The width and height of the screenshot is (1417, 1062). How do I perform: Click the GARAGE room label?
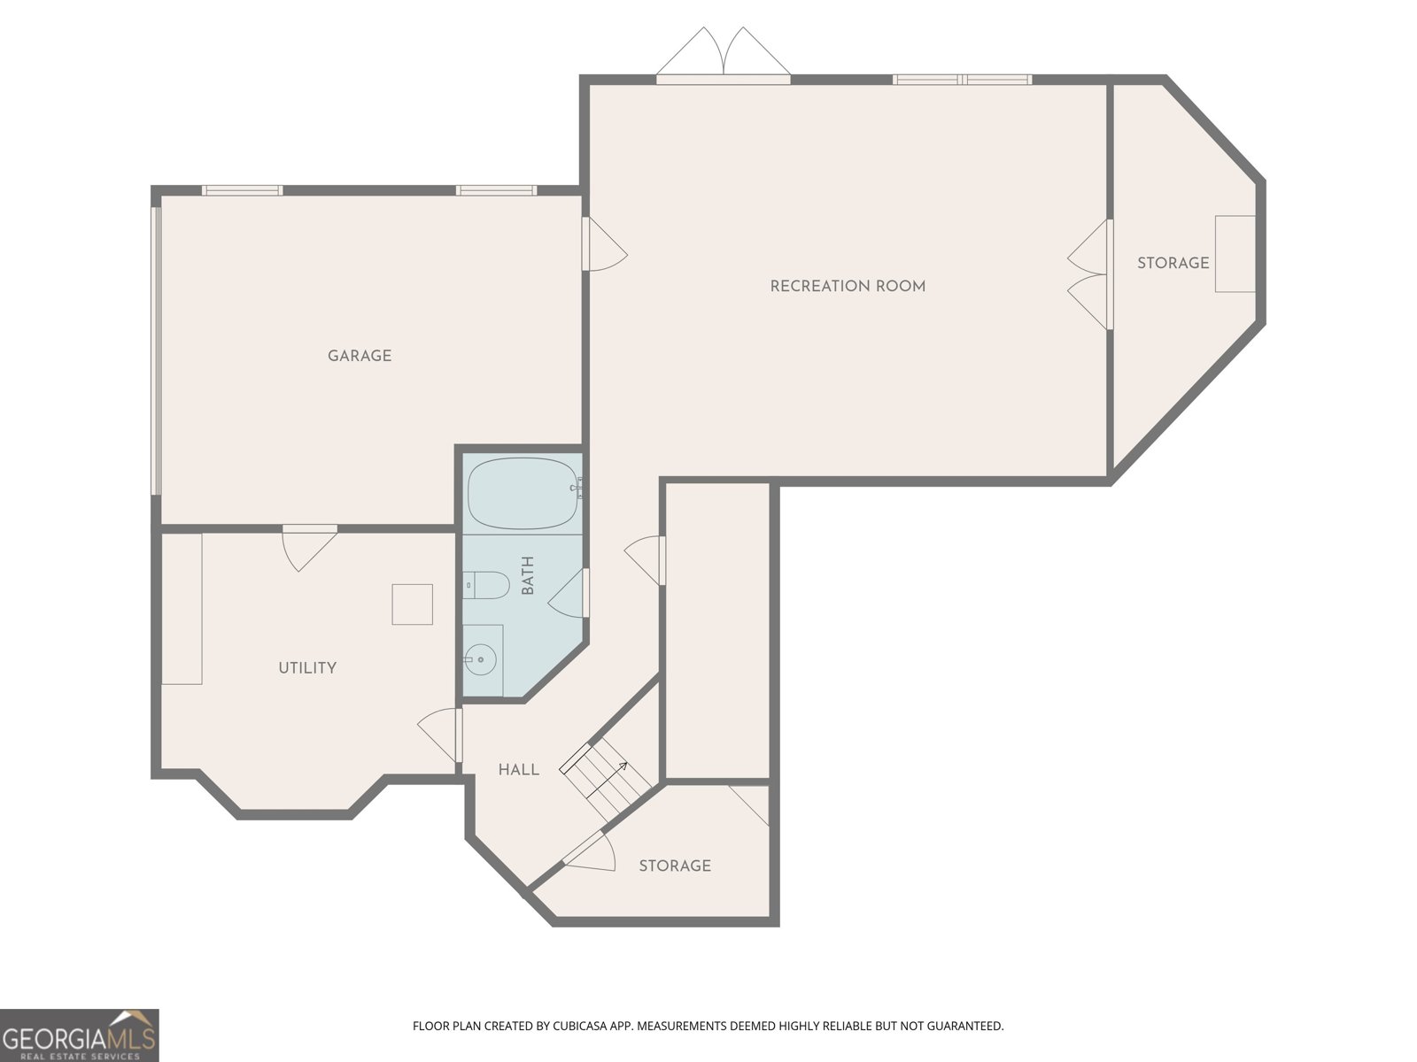click(x=360, y=355)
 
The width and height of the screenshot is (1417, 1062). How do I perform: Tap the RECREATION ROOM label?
click(x=848, y=286)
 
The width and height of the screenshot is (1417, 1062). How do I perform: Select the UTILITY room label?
click(x=307, y=667)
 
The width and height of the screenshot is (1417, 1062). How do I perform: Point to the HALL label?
click(x=518, y=769)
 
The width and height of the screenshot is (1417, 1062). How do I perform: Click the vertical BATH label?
click(x=528, y=575)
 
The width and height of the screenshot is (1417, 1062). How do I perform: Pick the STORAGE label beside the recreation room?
click(x=1173, y=263)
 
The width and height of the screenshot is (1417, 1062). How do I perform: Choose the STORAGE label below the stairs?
click(x=675, y=866)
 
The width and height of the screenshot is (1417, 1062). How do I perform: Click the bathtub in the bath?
click(x=524, y=493)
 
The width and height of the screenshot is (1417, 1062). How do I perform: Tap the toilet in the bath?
click(x=486, y=585)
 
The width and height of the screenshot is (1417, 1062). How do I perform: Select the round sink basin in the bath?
click(x=480, y=659)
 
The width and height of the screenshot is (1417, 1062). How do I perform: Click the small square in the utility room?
click(x=412, y=604)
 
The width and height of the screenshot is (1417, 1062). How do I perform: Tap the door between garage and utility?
click(x=310, y=548)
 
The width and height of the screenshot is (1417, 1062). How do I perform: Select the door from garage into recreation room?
click(x=605, y=243)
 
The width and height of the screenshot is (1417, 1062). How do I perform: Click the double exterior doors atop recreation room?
click(x=724, y=56)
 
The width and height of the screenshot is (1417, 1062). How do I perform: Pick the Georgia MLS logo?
click(x=79, y=1035)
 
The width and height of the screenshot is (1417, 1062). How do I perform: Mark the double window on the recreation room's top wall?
click(x=963, y=80)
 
